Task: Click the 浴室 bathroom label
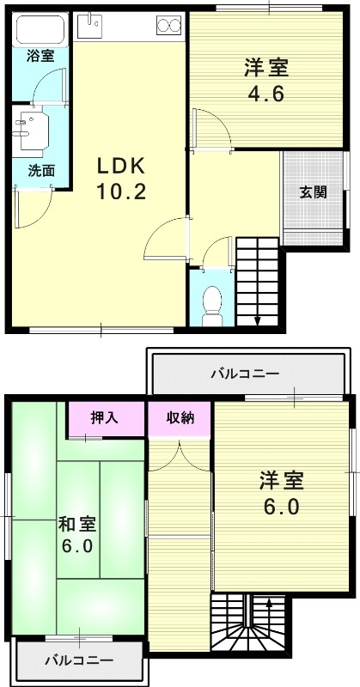(40, 58)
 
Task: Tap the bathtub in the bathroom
(40, 32)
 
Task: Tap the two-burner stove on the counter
(168, 26)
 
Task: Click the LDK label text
(121, 165)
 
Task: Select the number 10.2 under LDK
(120, 191)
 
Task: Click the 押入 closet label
(107, 418)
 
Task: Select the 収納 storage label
(180, 418)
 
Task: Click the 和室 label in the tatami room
(77, 522)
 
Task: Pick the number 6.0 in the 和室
(77, 545)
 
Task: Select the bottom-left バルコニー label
(78, 661)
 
